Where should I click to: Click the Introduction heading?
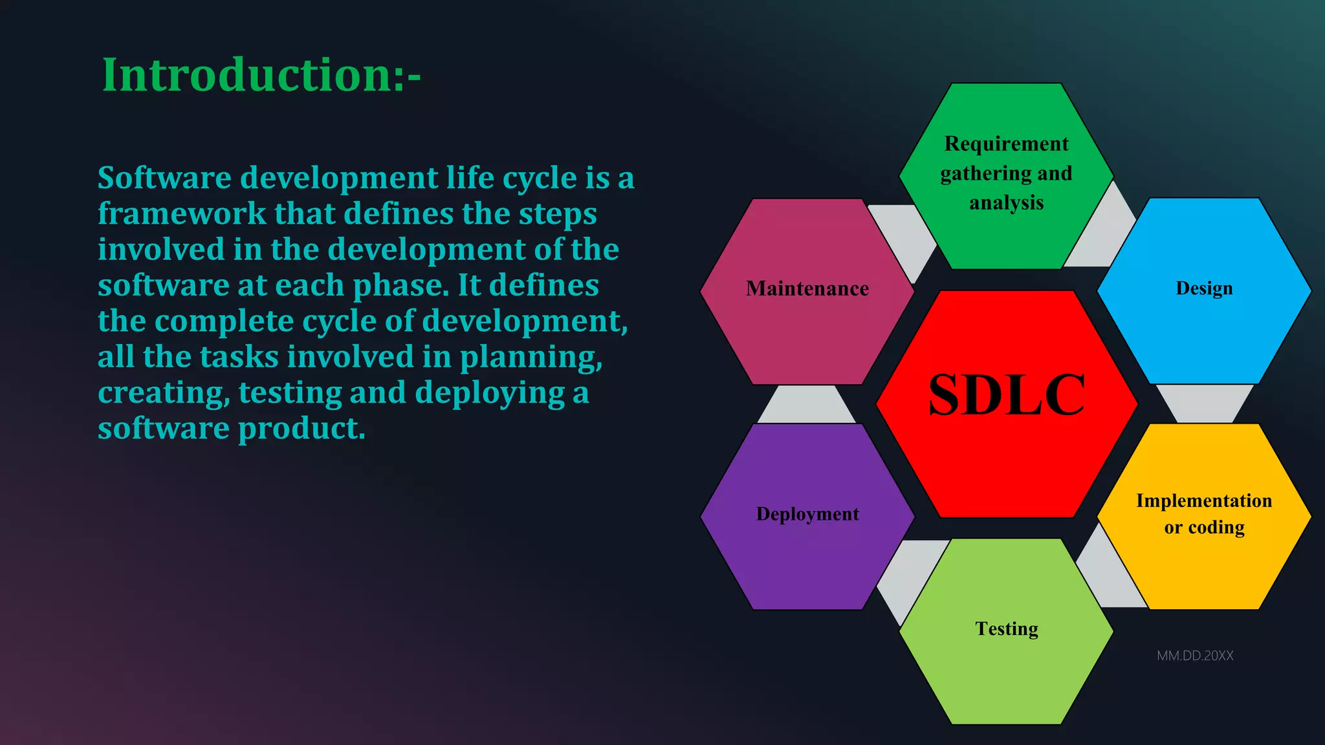pos(261,75)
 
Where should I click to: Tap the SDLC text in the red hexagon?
pos(1006,394)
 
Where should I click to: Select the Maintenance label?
pos(807,288)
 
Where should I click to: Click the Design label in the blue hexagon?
pos(1203,288)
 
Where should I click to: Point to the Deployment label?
pos(807,514)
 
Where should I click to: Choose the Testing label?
pos(1006,629)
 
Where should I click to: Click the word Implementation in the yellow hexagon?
pos(1203,501)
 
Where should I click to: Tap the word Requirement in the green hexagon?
pos(1006,144)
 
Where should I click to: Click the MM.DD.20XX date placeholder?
pos(1194,656)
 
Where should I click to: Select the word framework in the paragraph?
pos(182,214)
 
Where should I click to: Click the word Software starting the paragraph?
pos(164,178)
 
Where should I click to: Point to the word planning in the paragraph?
pos(531,358)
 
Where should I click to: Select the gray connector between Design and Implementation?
pos(1204,402)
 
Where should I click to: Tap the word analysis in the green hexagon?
pos(1006,203)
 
